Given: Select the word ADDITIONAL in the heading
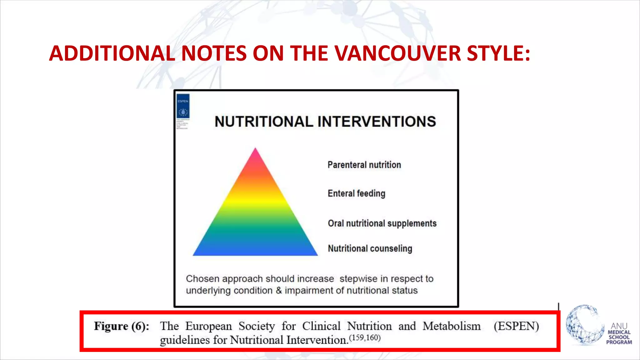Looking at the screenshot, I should (x=112, y=53).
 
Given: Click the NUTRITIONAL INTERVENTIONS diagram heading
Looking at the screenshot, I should (x=325, y=122).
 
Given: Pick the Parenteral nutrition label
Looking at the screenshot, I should (x=364, y=165).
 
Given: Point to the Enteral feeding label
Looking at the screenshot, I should (x=356, y=193).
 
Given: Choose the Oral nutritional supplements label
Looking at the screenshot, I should (x=382, y=223).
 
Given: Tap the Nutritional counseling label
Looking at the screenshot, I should (x=370, y=248).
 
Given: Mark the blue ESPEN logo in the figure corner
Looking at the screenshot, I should (x=183, y=106).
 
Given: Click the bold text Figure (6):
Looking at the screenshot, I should (x=122, y=326).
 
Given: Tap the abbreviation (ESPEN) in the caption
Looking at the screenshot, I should (x=516, y=326).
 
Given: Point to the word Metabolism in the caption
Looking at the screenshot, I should (x=452, y=326).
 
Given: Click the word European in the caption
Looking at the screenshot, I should (x=208, y=326).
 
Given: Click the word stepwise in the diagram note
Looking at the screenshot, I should (x=358, y=278).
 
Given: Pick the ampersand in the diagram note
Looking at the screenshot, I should (x=279, y=291).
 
